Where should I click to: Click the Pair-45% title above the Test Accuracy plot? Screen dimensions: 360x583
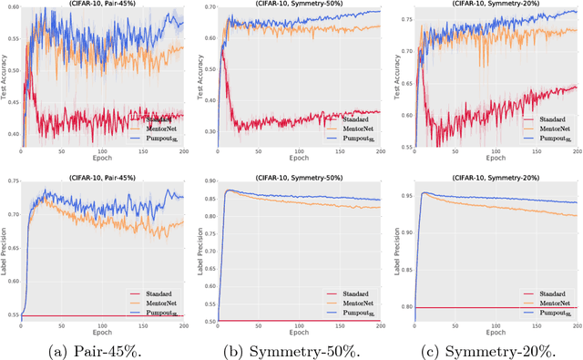(103, 4)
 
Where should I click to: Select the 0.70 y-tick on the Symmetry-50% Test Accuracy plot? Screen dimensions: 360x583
(209, 8)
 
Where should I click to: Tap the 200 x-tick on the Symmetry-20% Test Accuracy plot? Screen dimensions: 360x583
(578, 153)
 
